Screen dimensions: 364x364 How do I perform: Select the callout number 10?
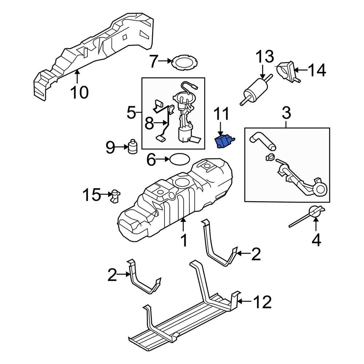[x=79, y=92]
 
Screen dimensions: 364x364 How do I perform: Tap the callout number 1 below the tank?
[x=184, y=240]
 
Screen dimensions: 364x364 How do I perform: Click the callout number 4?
[x=316, y=240]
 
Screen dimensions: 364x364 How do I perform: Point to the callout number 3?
[x=286, y=114]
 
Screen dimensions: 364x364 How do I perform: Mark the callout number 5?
[x=131, y=113]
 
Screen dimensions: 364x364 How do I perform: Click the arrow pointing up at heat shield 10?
[x=77, y=76]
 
